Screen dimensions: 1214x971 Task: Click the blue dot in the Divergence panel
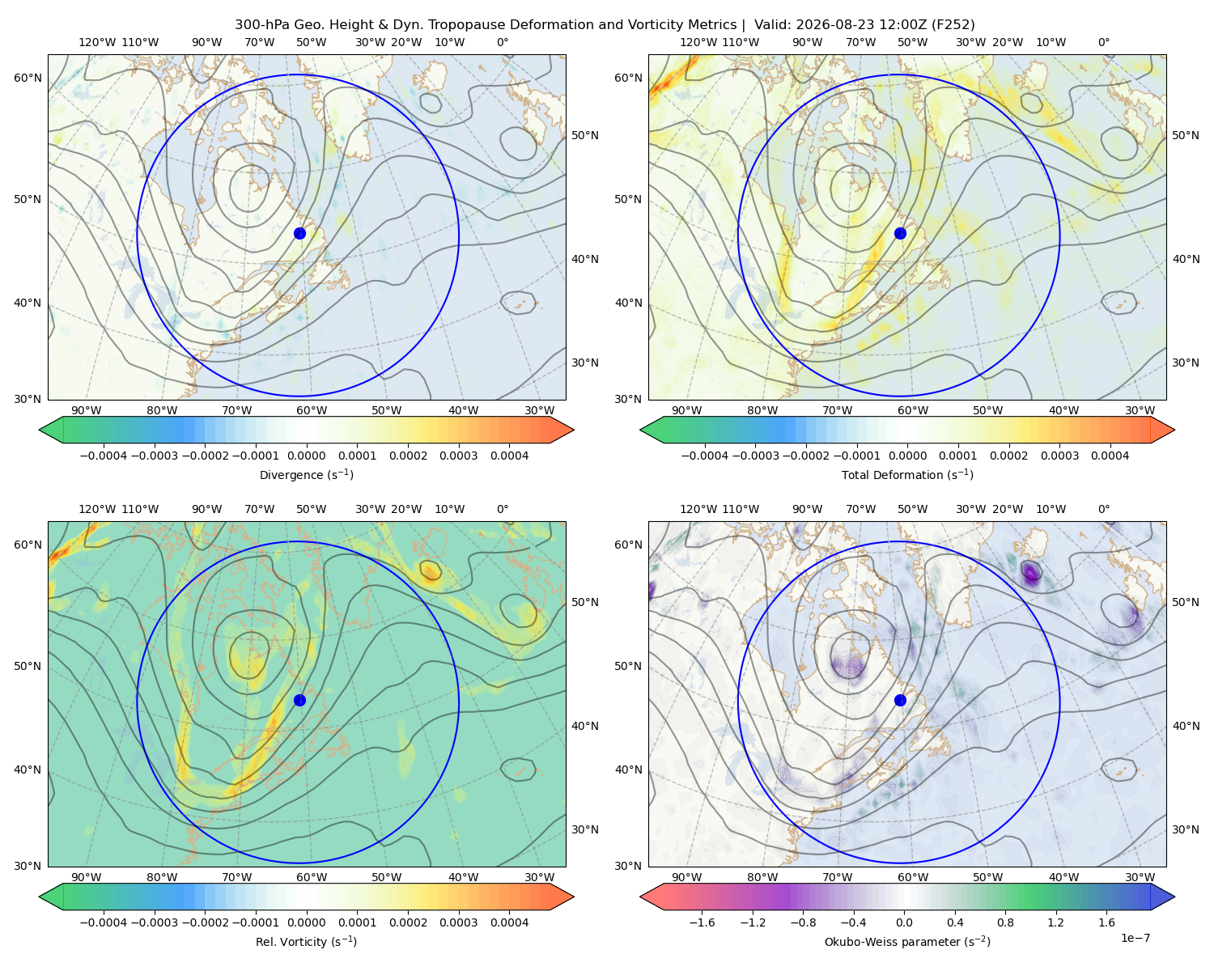coord(299,233)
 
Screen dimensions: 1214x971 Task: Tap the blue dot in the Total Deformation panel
coord(900,233)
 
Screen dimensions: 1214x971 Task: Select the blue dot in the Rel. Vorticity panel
coord(299,700)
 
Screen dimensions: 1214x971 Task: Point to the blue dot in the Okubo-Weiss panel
coord(900,700)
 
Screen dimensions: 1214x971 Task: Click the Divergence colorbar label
coord(306,474)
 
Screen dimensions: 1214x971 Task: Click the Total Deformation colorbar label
coord(907,474)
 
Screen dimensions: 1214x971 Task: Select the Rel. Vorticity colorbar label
coord(306,941)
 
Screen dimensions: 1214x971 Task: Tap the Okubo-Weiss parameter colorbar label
coord(907,941)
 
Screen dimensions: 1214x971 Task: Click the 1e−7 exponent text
coord(1135,938)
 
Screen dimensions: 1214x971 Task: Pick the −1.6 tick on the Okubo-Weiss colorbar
coord(702,922)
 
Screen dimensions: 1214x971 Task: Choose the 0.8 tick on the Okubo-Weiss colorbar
coord(1005,922)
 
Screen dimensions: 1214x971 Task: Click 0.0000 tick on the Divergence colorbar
coord(306,456)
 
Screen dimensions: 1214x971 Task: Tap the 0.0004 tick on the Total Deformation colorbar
coord(1110,456)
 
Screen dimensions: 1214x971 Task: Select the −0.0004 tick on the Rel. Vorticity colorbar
coord(104,922)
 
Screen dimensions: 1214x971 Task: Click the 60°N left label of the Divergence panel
coord(28,78)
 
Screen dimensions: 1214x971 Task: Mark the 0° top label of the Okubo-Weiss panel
coord(1103,509)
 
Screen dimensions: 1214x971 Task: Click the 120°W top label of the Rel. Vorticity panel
coord(97,509)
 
